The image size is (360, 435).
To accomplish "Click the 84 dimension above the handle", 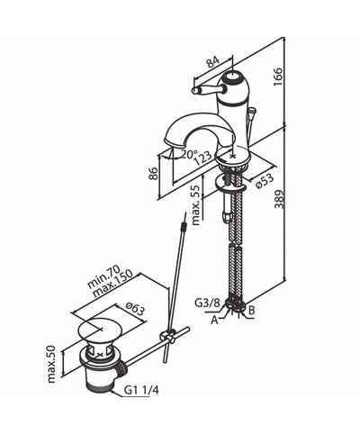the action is (213, 61).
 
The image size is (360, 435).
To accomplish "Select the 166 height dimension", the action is (278, 77).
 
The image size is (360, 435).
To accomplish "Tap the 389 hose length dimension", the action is (279, 199).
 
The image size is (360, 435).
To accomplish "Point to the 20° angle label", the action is (188, 154).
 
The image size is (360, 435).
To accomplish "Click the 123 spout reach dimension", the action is (202, 158).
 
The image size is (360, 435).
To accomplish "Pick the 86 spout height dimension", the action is (153, 173).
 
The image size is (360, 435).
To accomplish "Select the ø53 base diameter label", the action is (265, 182).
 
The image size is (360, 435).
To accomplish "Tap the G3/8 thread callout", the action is (207, 303).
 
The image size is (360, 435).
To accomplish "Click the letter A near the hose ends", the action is (214, 321).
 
